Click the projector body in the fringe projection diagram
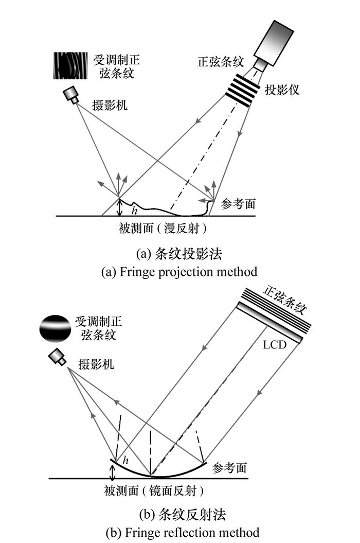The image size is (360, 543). pyautogui.click(x=280, y=41)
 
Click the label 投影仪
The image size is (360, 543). pyautogui.click(x=282, y=90)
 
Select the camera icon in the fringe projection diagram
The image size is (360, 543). pyautogui.click(x=71, y=95)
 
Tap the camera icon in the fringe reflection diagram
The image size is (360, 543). pyautogui.click(x=57, y=357)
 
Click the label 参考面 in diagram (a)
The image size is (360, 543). pyautogui.click(x=238, y=203)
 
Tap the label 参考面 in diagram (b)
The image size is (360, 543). pyautogui.click(x=229, y=468)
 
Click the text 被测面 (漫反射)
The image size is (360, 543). pyautogui.click(x=164, y=226)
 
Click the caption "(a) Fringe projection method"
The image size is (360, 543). pyautogui.click(x=179, y=271)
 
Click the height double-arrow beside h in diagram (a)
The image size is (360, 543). pyautogui.click(x=119, y=207)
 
